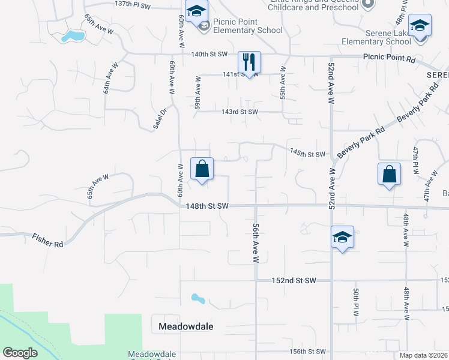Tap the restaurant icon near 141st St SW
point(249,62)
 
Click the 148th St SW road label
point(207,206)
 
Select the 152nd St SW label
point(294,280)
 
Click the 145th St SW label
point(307,154)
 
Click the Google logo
point(20,352)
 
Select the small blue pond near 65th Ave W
point(73,37)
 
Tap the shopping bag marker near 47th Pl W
point(390,175)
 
